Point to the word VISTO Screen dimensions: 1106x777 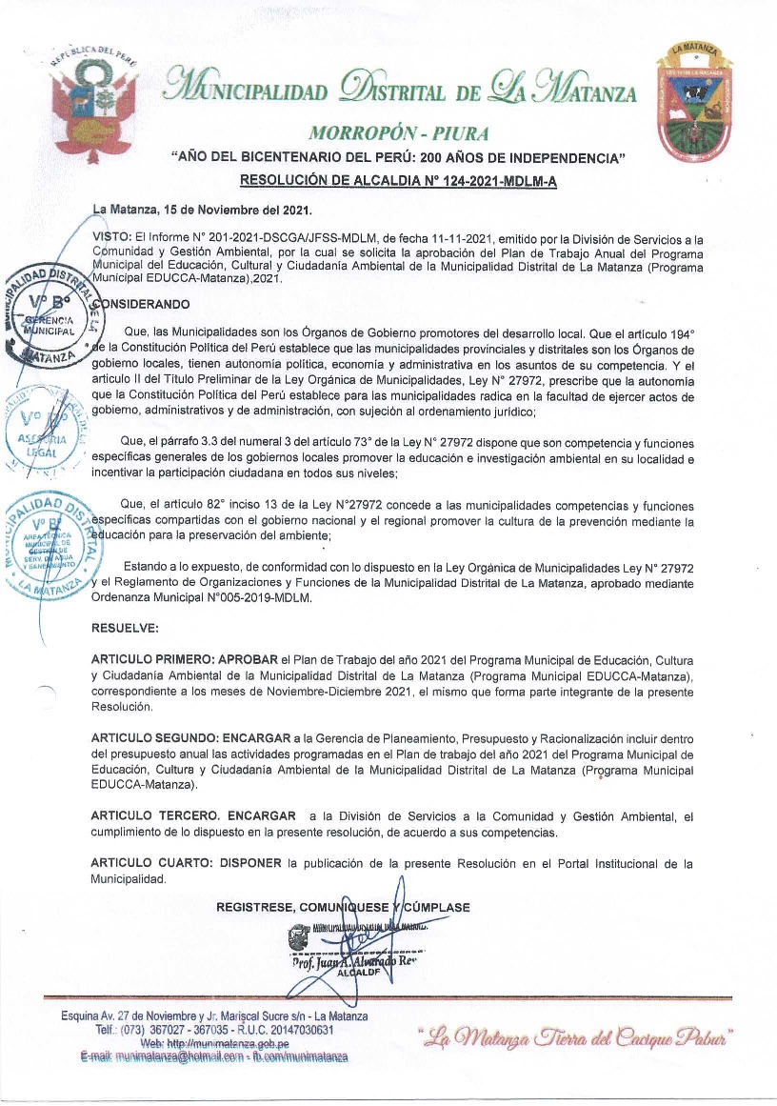[110, 234]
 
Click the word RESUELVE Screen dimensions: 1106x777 [125, 629]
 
